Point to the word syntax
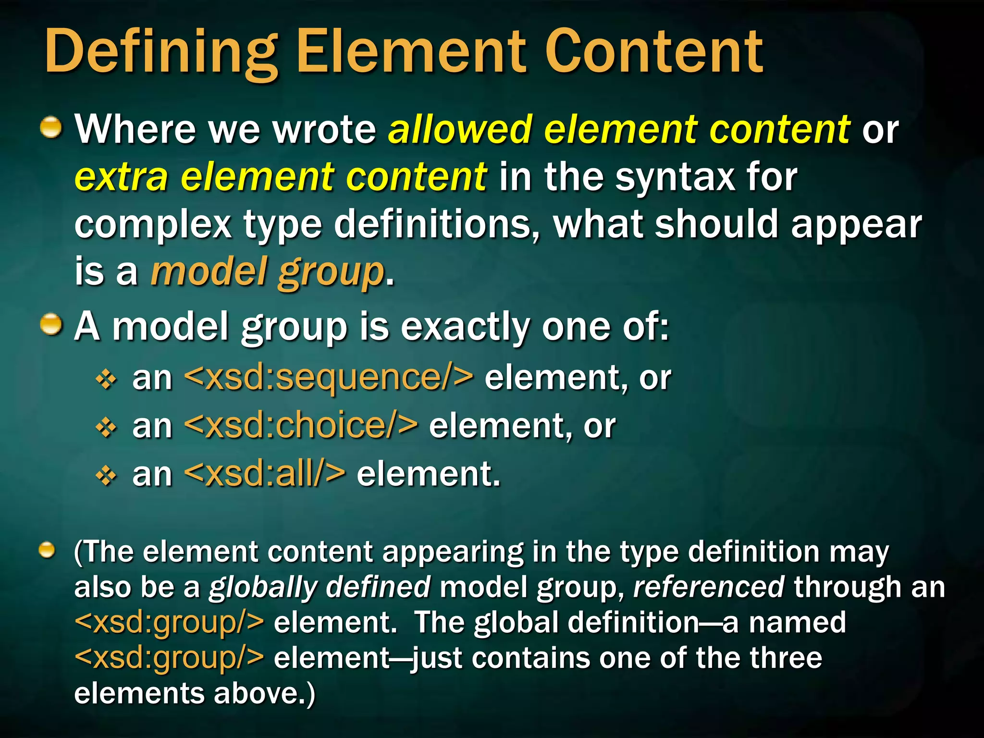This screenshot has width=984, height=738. tap(675, 177)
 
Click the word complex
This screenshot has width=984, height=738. tap(153, 225)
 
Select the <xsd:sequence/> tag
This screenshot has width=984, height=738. tap(329, 378)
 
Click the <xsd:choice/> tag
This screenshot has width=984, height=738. tap(301, 426)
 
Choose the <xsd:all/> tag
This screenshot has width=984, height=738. tap(264, 474)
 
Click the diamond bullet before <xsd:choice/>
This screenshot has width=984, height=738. tap(106, 428)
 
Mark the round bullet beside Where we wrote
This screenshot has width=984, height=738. tap(51, 128)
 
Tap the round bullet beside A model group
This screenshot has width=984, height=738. tap(51, 325)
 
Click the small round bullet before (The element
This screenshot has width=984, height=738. tap(47, 550)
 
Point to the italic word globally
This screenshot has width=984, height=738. tap(261, 587)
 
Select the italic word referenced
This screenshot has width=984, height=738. tap(708, 587)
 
